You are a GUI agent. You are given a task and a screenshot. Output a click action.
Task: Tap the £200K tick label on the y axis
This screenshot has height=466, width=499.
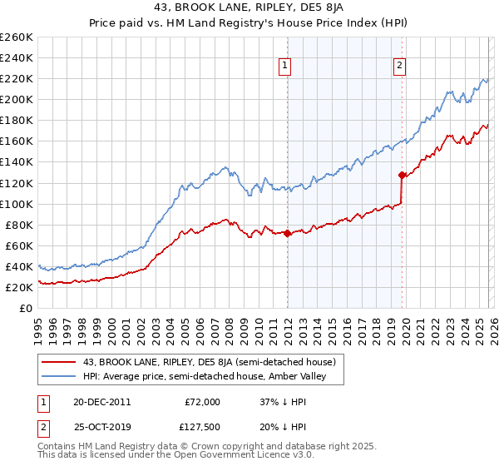point(17,99)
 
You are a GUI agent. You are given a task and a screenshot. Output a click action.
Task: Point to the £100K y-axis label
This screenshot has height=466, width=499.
point(17,204)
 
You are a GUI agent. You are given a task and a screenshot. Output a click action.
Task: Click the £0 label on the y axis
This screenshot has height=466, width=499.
point(27,308)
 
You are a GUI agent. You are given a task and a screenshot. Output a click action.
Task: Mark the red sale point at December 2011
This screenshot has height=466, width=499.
point(288,233)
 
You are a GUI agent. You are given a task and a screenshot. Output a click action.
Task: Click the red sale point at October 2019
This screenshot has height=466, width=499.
point(402,175)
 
